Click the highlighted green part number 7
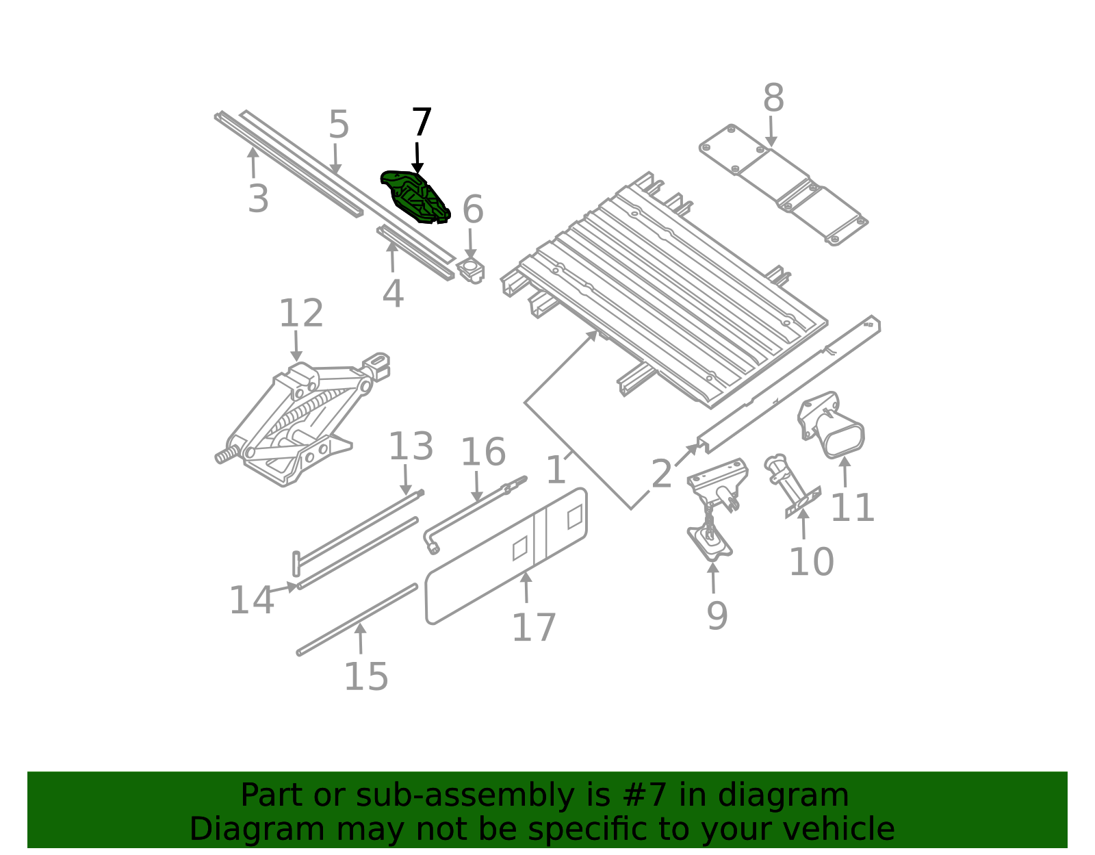(414, 197)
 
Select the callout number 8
(773, 99)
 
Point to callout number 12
(301, 313)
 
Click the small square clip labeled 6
(471, 270)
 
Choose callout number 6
(472, 209)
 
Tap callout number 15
(366, 676)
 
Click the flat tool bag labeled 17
(506, 557)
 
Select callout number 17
(534, 628)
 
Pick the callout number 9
(717, 615)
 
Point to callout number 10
(811, 562)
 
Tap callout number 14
(251, 600)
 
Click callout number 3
(258, 199)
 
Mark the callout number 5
(339, 125)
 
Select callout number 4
(393, 293)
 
